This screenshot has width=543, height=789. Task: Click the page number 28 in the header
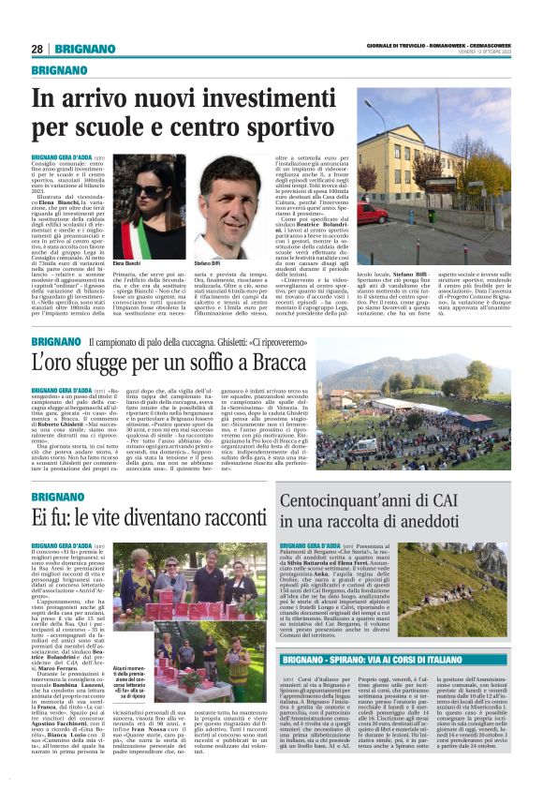(37, 49)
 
